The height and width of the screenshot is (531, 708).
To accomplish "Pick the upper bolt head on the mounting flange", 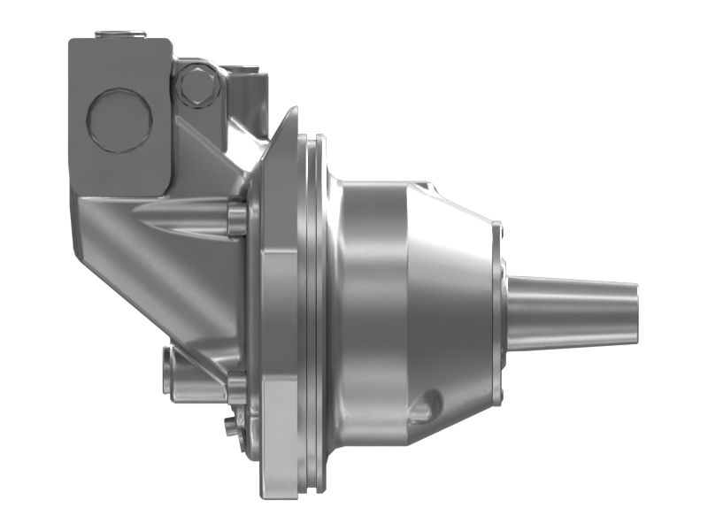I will (236, 219).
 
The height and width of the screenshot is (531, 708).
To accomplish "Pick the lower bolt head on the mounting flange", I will (236, 388).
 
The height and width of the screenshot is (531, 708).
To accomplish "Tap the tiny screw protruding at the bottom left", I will (231, 427).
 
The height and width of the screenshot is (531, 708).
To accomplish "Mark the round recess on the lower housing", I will (427, 404).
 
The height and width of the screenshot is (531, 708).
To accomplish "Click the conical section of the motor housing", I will (451, 292).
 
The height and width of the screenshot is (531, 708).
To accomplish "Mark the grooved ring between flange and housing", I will (314, 310).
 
